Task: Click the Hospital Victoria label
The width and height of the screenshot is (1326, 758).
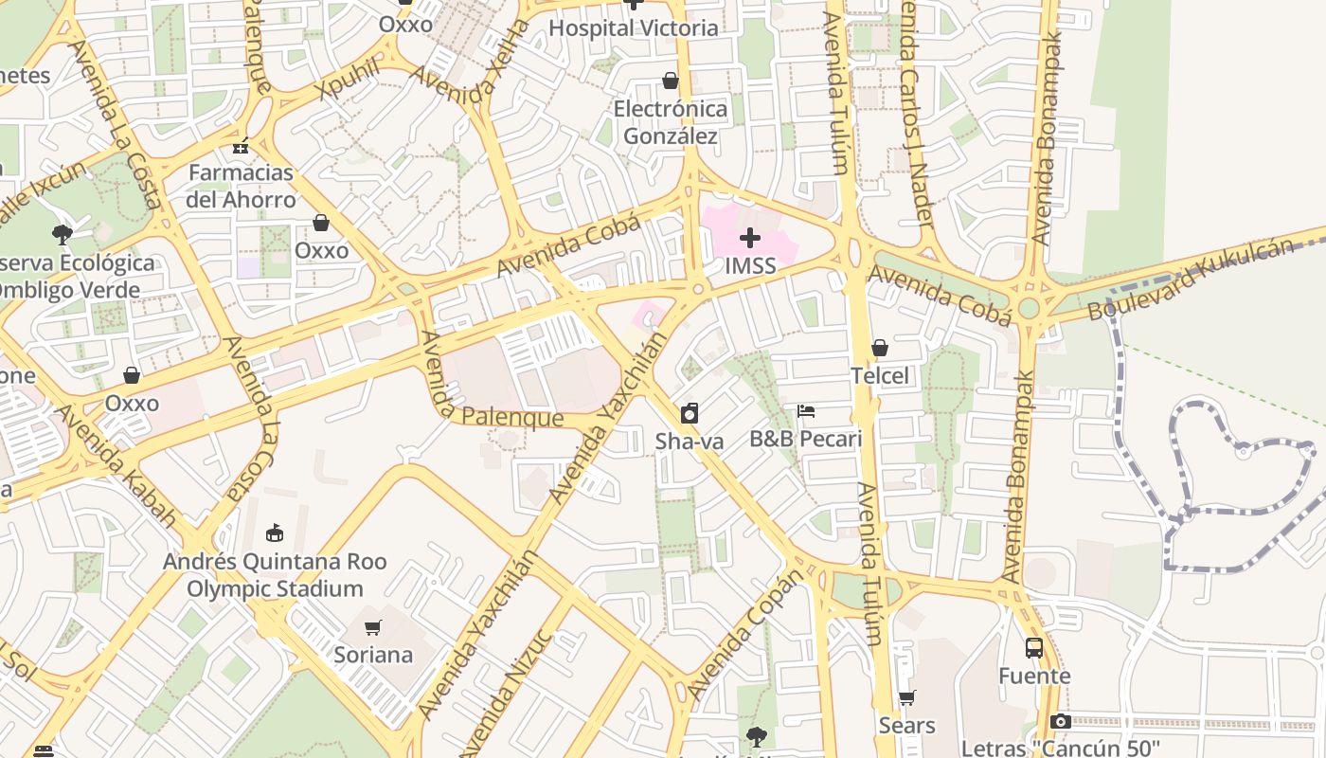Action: tap(634, 27)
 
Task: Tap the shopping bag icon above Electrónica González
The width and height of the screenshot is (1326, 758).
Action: tap(671, 81)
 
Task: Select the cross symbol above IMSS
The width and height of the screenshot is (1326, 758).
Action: tap(750, 237)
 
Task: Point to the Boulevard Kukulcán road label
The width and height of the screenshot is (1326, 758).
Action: tap(1190, 280)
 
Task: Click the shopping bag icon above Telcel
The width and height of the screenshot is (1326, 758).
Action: tap(880, 348)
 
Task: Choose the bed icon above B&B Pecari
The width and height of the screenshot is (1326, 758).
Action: tap(806, 411)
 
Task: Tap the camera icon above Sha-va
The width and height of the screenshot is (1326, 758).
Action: tap(690, 413)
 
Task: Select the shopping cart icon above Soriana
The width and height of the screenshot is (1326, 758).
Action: tap(373, 627)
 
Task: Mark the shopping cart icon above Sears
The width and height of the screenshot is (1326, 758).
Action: tap(907, 698)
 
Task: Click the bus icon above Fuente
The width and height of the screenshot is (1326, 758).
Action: tap(1034, 648)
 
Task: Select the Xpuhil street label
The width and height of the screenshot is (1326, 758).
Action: tap(349, 78)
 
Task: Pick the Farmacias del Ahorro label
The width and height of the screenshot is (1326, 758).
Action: tap(241, 186)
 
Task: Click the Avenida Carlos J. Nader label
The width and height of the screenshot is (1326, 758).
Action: tap(917, 114)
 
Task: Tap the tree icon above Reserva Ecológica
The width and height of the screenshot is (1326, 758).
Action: tap(63, 233)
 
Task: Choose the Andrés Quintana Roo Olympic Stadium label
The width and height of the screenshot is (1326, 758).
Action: tap(275, 574)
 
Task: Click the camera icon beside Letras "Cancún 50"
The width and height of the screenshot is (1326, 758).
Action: tap(1061, 722)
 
